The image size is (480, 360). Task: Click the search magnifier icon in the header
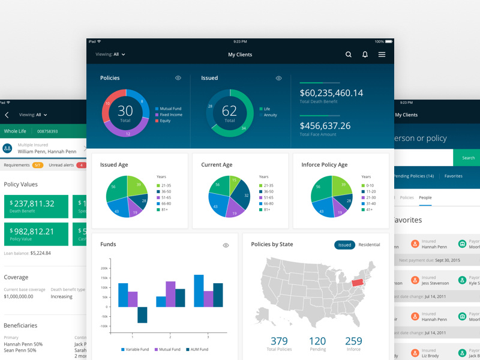[x=349, y=55]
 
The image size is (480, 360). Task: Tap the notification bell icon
[x=365, y=55]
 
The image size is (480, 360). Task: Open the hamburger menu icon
[x=382, y=55]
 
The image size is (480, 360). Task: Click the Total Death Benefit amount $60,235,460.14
[x=331, y=93]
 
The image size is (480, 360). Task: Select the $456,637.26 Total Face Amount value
[x=325, y=126]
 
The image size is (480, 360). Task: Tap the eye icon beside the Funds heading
[x=226, y=245]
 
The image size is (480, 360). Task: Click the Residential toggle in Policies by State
[x=369, y=245]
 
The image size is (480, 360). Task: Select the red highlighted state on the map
[x=358, y=282]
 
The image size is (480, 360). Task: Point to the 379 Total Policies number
[x=279, y=341]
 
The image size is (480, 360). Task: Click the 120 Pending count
[x=317, y=341]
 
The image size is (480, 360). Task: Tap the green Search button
[x=468, y=158]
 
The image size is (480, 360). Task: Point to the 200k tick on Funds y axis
[x=104, y=268]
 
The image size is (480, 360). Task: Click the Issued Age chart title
[x=114, y=165]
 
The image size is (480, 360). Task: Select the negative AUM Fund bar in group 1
[x=142, y=314]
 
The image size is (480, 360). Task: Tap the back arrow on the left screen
[x=7, y=115]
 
